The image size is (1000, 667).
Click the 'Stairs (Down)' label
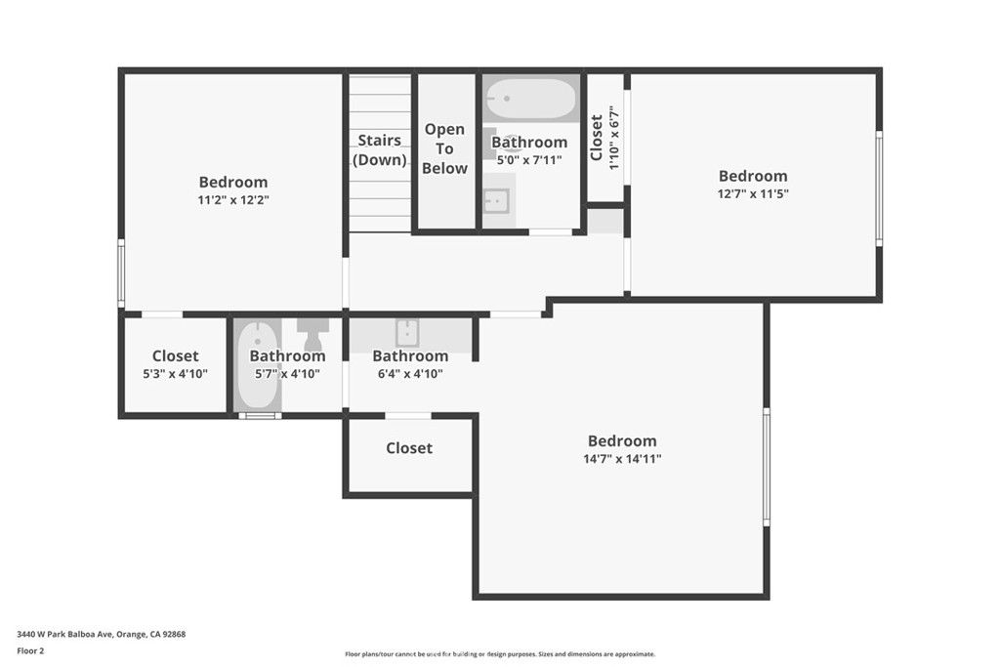pyautogui.click(x=379, y=150)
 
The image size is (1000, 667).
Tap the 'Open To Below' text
pyautogui.click(x=444, y=148)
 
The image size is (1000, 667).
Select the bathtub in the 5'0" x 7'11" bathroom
pyautogui.click(x=532, y=99)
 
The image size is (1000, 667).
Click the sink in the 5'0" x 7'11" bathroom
pyautogui.click(x=497, y=200)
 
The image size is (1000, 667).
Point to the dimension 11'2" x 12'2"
pyautogui.click(x=233, y=199)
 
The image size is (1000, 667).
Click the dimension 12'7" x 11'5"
pyautogui.click(x=753, y=193)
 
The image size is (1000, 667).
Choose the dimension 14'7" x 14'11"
pyautogui.click(x=622, y=458)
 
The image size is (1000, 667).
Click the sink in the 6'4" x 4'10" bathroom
pyautogui.click(x=407, y=332)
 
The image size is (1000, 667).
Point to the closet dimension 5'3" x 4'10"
pyautogui.click(x=176, y=374)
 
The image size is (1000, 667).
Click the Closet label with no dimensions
pyautogui.click(x=409, y=448)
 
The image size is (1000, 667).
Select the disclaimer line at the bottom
pyautogui.click(x=500, y=654)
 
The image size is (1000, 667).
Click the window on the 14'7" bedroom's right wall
pyautogui.click(x=767, y=467)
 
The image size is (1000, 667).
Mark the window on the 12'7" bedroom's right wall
pyautogui.click(x=879, y=188)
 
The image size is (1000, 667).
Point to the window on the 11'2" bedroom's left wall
pyautogui.click(x=121, y=274)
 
